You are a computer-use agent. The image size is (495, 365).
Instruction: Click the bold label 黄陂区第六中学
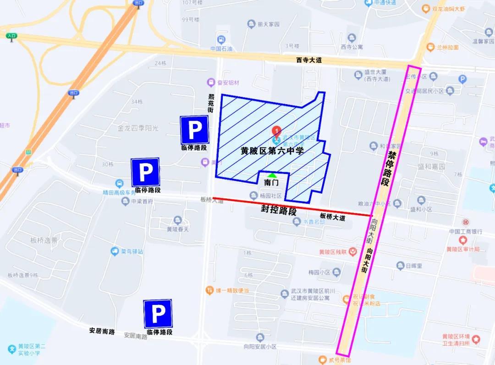tap(272, 151)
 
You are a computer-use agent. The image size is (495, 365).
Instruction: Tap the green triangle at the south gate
tap(272, 175)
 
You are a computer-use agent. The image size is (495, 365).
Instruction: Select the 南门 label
tap(271, 183)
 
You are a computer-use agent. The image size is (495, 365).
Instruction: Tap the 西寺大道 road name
tap(309, 60)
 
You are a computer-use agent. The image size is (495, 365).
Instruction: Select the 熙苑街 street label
tap(211, 103)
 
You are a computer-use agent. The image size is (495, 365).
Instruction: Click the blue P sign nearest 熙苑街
tap(194, 129)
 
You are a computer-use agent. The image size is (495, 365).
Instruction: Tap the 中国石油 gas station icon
tap(222, 40)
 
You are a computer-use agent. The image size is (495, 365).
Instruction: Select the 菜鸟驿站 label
tap(132, 252)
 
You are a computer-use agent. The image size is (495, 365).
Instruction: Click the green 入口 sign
tap(11, 36)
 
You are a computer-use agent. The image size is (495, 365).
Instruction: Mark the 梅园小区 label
tap(319, 272)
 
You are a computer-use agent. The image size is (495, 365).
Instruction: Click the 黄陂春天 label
tap(177, 229)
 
